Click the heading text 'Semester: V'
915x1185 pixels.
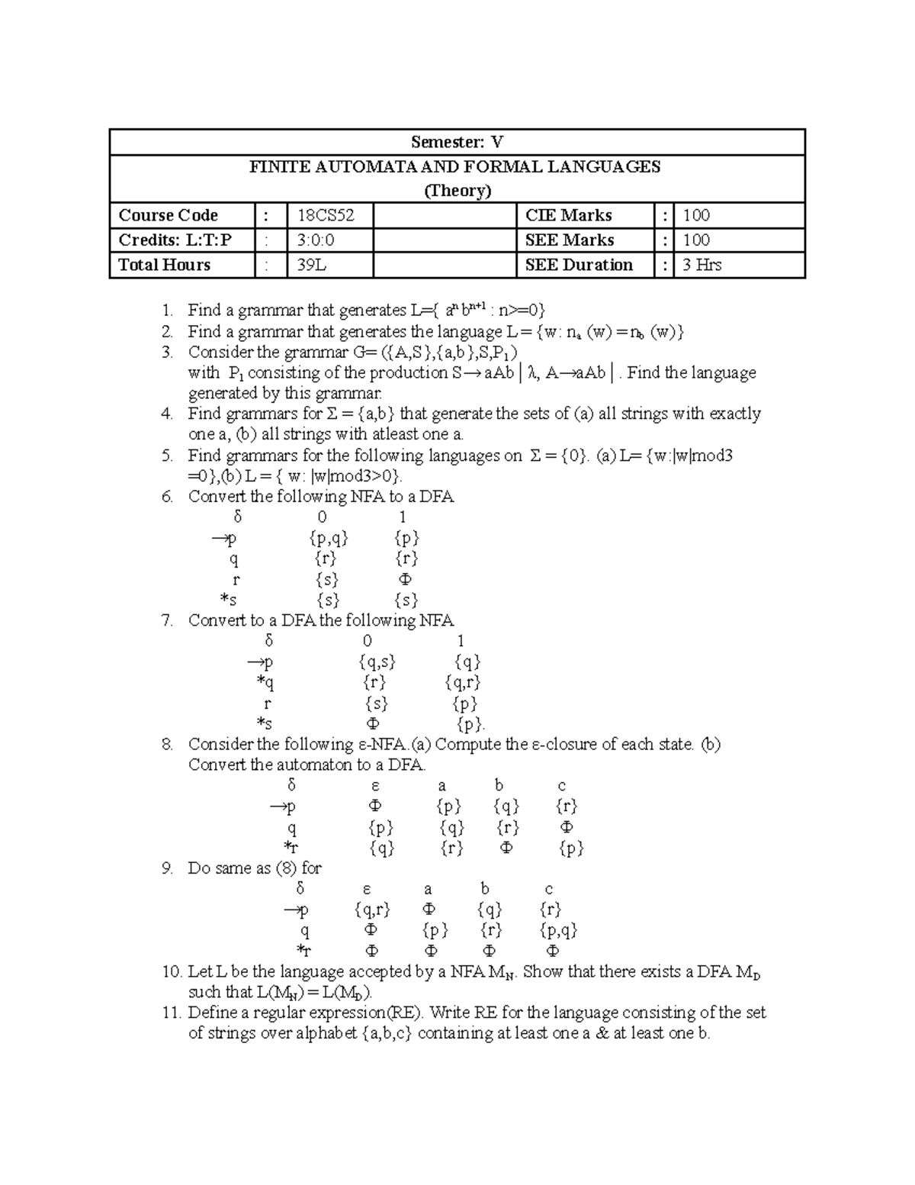coord(457,142)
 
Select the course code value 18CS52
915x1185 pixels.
coord(326,215)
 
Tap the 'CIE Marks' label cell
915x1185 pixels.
coord(568,215)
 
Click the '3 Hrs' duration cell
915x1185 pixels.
coord(701,265)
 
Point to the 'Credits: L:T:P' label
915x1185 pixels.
coord(175,240)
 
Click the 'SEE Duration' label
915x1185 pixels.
coord(579,265)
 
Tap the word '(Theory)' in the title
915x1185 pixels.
coord(457,190)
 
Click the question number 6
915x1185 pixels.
coord(167,497)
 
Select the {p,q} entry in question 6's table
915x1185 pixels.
coord(329,539)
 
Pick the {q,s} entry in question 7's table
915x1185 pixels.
coord(377,662)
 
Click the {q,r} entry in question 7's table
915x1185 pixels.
coord(463,683)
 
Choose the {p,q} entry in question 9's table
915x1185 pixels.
coord(558,930)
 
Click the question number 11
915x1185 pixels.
coord(170,1013)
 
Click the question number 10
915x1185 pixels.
coord(170,972)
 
